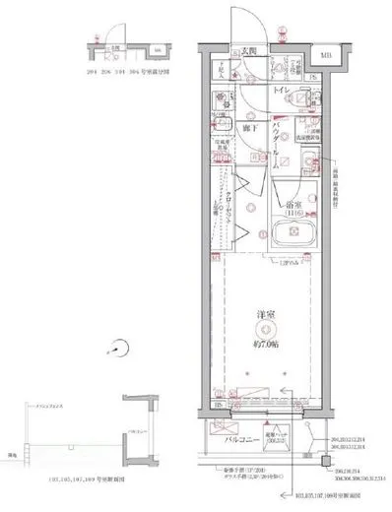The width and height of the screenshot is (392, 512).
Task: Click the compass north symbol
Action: click(121, 347)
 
